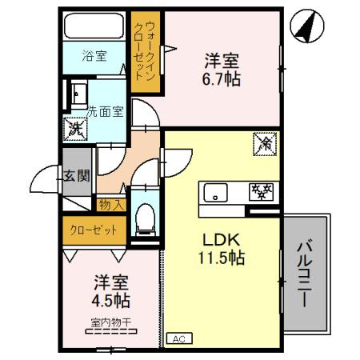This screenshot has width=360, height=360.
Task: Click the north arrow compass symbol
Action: point(307,26)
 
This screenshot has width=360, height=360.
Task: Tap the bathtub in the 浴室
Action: point(94,26)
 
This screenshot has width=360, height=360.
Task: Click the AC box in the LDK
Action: point(179,339)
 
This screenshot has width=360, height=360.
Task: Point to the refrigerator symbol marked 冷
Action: point(265,144)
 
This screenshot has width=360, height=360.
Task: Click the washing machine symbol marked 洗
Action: point(75,130)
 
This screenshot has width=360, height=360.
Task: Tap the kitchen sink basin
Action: point(215,193)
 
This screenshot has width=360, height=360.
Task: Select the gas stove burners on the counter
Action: point(261,192)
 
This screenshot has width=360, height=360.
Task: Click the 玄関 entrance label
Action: point(77,176)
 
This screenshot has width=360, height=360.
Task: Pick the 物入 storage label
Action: point(112,205)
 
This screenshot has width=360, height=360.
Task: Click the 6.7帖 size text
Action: point(221,79)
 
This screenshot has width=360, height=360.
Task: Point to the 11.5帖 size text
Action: point(221,258)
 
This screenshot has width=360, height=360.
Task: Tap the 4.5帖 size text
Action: point(111,301)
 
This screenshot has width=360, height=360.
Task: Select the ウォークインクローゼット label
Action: point(145,50)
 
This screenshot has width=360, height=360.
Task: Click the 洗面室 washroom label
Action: point(106,112)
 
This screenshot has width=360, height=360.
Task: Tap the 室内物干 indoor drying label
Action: point(111,322)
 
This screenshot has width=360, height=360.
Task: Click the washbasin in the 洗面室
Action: point(79,94)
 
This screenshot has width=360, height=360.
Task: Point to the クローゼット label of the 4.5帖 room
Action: point(94,230)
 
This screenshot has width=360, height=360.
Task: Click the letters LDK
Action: point(221,239)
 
